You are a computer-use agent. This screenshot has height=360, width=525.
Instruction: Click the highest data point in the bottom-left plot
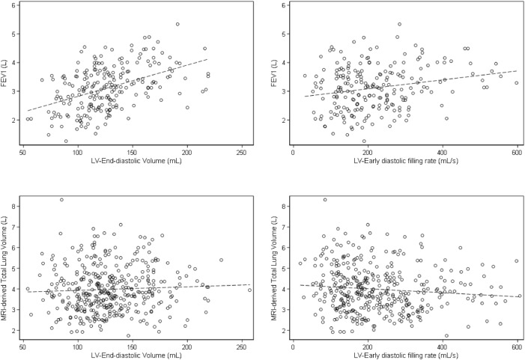pyautogui.click(x=61, y=200)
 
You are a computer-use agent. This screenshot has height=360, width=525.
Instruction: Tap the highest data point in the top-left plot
pyautogui.click(x=177, y=24)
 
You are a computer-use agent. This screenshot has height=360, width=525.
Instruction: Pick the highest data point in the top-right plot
pyautogui.click(x=400, y=24)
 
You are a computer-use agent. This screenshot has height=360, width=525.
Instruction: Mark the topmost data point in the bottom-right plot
pyautogui.click(x=324, y=200)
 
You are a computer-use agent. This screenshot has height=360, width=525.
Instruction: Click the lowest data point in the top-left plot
pyautogui.click(x=66, y=141)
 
